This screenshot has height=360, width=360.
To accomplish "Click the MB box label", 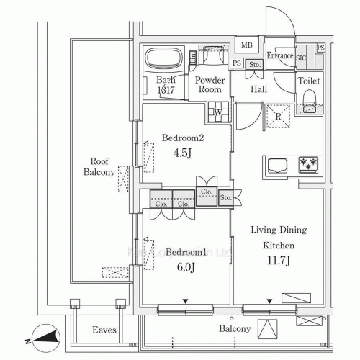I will [247, 45].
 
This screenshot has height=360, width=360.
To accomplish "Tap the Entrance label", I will [280, 55].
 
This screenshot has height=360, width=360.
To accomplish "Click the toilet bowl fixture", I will [310, 100].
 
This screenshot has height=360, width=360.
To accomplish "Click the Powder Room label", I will [210, 85].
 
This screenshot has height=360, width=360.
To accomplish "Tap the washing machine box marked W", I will [217, 112].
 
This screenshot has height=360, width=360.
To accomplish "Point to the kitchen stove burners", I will [308, 164].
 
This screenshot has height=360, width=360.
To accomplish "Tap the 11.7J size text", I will [278, 261].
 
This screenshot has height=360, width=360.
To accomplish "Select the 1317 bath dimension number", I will [166, 91].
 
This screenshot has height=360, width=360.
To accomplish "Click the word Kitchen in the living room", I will [278, 245].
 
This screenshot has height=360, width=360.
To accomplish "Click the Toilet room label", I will [310, 81].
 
